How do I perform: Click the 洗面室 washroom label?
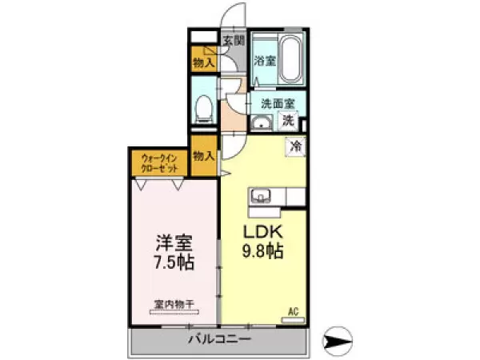coord(277,103)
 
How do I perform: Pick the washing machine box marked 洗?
coord(288,122)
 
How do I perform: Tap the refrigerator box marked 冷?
coord(294,146)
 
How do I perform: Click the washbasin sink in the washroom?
coord(262,122)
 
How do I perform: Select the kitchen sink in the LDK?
coord(262,197)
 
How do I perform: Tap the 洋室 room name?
coord(175,241)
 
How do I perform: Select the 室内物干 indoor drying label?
coord(175,304)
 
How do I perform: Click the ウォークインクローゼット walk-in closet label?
coord(160,164)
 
